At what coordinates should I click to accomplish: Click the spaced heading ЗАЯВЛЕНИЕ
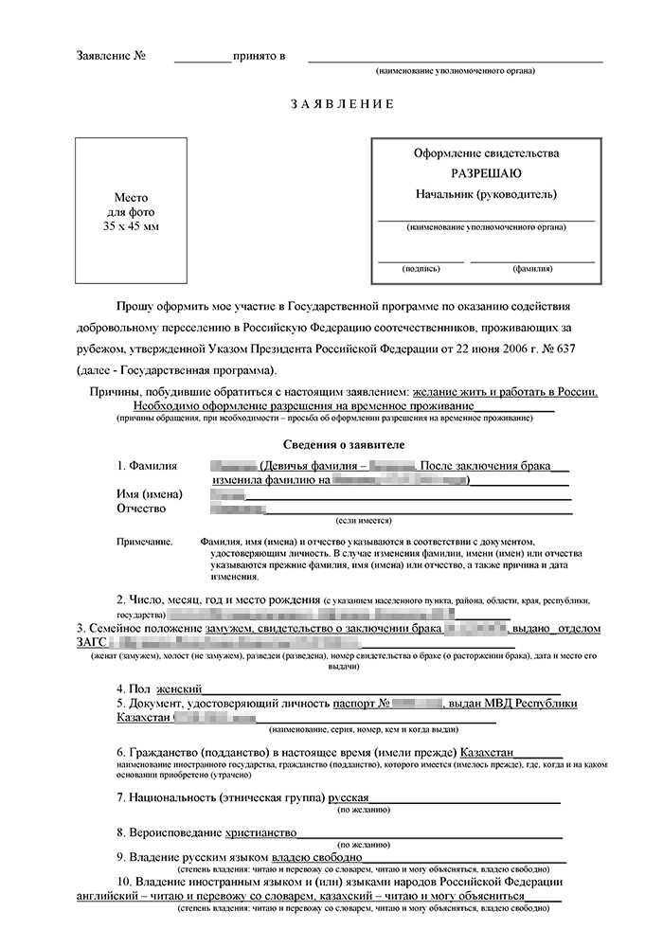pyautogui.click(x=342, y=103)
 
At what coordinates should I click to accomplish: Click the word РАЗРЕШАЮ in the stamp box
pyautogui.click(x=486, y=173)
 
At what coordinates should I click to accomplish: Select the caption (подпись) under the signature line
pyautogui.click(x=421, y=268)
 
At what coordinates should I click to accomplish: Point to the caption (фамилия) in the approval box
pyautogui.click(x=532, y=268)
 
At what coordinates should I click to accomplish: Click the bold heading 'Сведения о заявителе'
pyautogui.click(x=344, y=444)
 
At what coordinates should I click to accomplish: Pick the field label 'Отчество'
pyautogui.click(x=142, y=509)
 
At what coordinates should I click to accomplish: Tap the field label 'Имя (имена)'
pyautogui.click(x=151, y=494)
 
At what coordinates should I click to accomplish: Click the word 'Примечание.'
pyautogui.click(x=145, y=540)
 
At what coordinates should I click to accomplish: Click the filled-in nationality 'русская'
pyautogui.click(x=349, y=797)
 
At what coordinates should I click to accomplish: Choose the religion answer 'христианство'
pyautogui.click(x=260, y=832)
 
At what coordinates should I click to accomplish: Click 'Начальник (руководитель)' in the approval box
pyautogui.click(x=486, y=195)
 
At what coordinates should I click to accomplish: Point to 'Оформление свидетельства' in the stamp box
pyautogui.click(x=486, y=152)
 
